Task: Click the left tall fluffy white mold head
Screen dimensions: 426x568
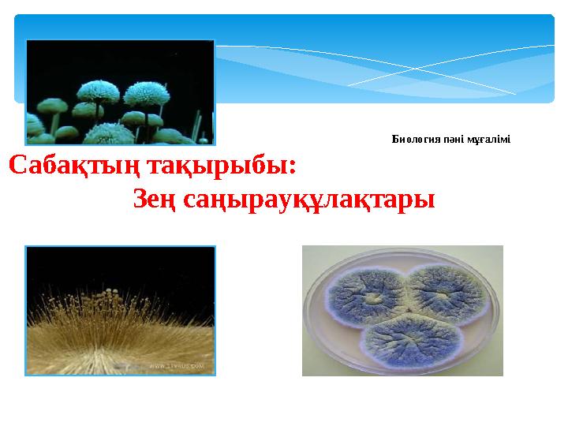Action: coord(99,92)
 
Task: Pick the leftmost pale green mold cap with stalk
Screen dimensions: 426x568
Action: coord(54,104)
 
